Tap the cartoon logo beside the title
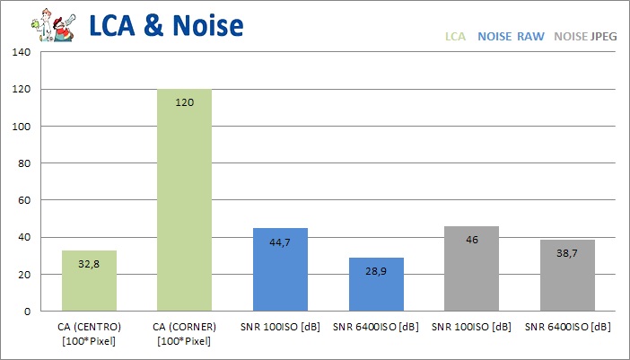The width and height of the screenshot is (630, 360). [50, 24]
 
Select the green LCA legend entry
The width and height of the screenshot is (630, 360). [455, 38]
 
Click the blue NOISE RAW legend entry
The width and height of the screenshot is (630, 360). [511, 38]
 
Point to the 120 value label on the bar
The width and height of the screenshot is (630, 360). [185, 103]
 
